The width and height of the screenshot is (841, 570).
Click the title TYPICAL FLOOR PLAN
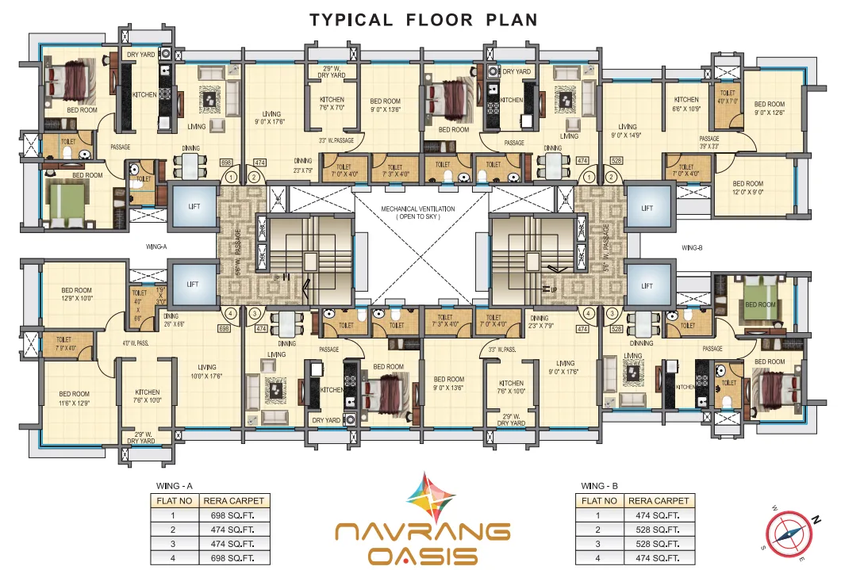tap(424, 19)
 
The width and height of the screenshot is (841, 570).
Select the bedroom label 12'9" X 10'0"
tap(78, 294)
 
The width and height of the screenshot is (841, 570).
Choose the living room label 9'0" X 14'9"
tap(628, 131)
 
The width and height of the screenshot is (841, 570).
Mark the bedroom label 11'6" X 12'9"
tap(75, 398)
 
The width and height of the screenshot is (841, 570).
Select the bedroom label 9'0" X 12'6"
tap(769, 109)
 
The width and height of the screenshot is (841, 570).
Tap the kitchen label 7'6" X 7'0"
tap(326, 104)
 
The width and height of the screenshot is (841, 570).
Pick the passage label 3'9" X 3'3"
tap(686, 143)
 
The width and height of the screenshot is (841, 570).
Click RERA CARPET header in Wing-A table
tap(234, 501)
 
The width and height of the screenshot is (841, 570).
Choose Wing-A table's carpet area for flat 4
tap(234, 558)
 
